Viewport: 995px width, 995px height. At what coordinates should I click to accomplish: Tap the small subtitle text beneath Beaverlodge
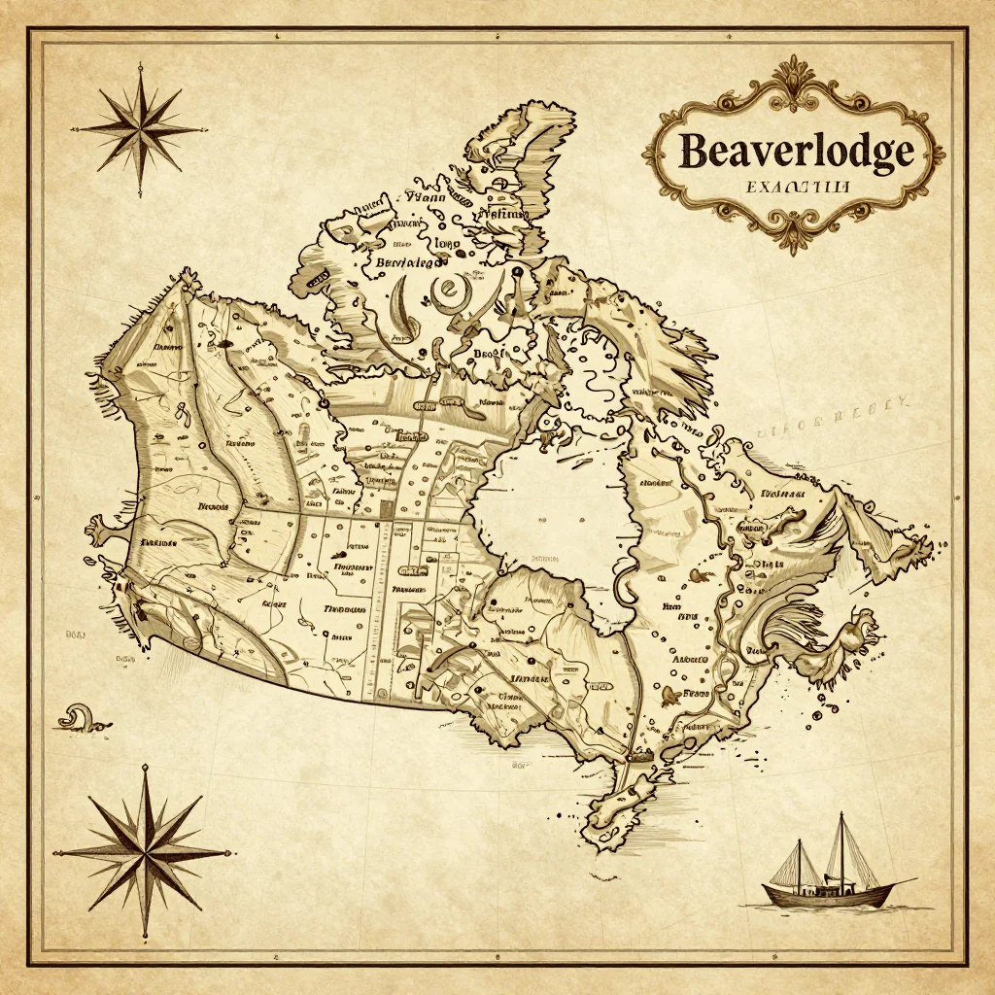(796, 184)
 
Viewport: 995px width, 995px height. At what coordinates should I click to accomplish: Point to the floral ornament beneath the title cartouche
(795, 233)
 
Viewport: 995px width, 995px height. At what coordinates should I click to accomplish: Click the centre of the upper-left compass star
(137, 126)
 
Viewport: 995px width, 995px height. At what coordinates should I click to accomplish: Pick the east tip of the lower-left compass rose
(230, 852)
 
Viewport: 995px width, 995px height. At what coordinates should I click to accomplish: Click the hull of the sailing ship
(826, 893)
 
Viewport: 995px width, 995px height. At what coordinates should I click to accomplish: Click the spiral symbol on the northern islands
(450, 288)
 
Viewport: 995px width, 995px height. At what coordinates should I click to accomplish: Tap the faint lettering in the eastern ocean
(836, 413)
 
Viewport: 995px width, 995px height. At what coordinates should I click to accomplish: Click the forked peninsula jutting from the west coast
(102, 530)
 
